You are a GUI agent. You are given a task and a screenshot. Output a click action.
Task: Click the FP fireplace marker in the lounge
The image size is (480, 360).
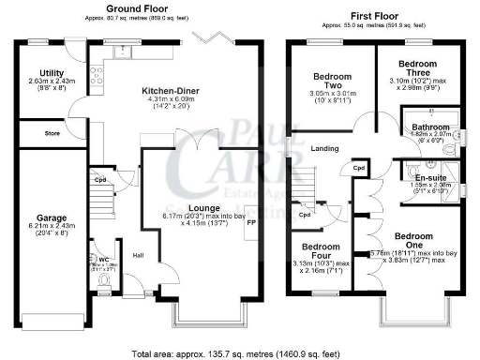pyautogui.click(x=249, y=226)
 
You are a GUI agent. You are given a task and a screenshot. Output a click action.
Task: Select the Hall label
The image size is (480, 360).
pyautogui.click(x=138, y=255)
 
